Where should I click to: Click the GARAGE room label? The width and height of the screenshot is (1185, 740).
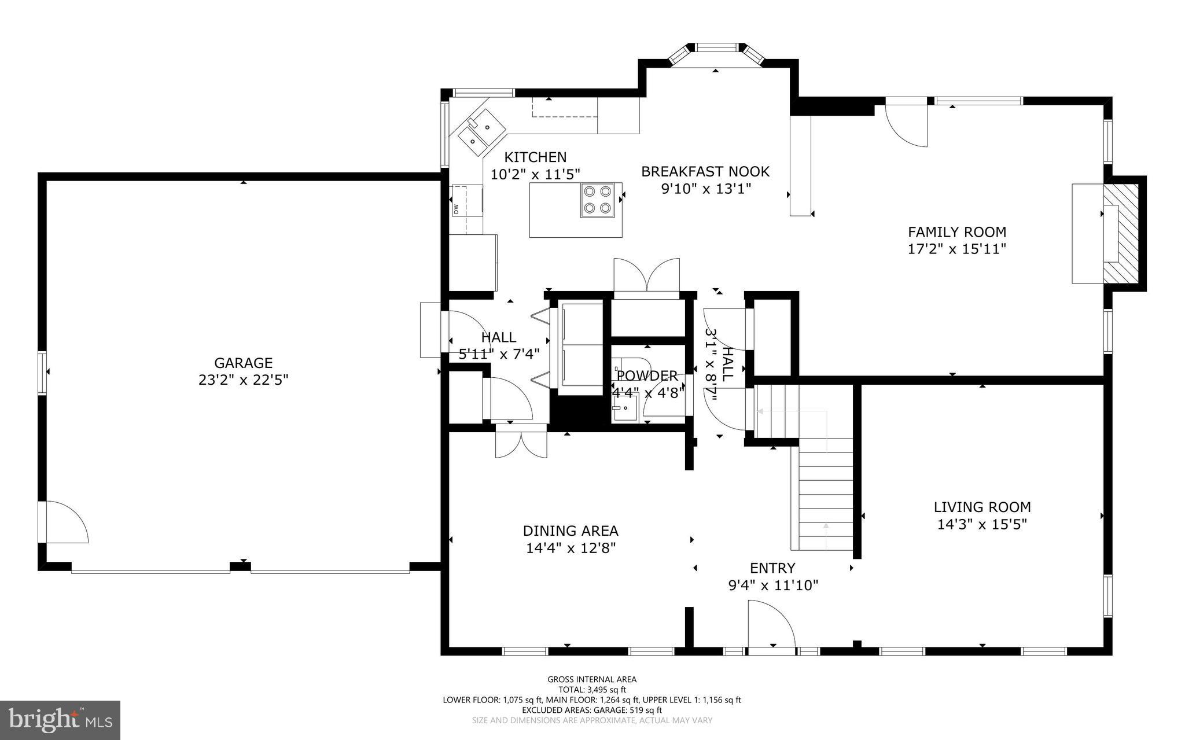pyautogui.click(x=243, y=363)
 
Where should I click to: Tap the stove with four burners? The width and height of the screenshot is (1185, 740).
pyautogui.click(x=598, y=200)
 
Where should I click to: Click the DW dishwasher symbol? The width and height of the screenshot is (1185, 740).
pyautogui.click(x=457, y=208)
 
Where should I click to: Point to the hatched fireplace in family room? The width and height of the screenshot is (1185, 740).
pyautogui.click(x=1121, y=241)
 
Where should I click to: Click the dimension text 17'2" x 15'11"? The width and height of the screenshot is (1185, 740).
pyautogui.click(x=957, y=249)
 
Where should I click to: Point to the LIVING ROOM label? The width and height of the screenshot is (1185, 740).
pyautogui.click(x=982, y=507)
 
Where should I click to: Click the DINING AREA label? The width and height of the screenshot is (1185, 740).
pyautogui.click(x=571, y=531)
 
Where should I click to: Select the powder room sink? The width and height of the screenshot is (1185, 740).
pyautogui.click(x=624, y=407)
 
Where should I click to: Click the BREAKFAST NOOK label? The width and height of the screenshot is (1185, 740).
pyautogui.click(x=705, y=171)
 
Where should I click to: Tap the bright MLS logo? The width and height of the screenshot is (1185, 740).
pyautogui.click(x=60, y=720)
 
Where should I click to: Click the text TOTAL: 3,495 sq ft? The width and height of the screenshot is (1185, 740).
pyautogui.click(x=592, y=690)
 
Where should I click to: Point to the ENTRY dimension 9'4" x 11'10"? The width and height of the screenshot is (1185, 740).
pyautogui.click(x=773, y=586)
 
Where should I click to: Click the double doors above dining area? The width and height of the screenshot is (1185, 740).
pyautogui.click(x=521, y=444)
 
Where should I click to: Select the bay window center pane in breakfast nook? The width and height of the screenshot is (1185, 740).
pyautogui.click(x=717, y=47)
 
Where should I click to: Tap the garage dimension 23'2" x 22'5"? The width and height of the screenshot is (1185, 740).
pyautogui.click(x=243, y=380)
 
